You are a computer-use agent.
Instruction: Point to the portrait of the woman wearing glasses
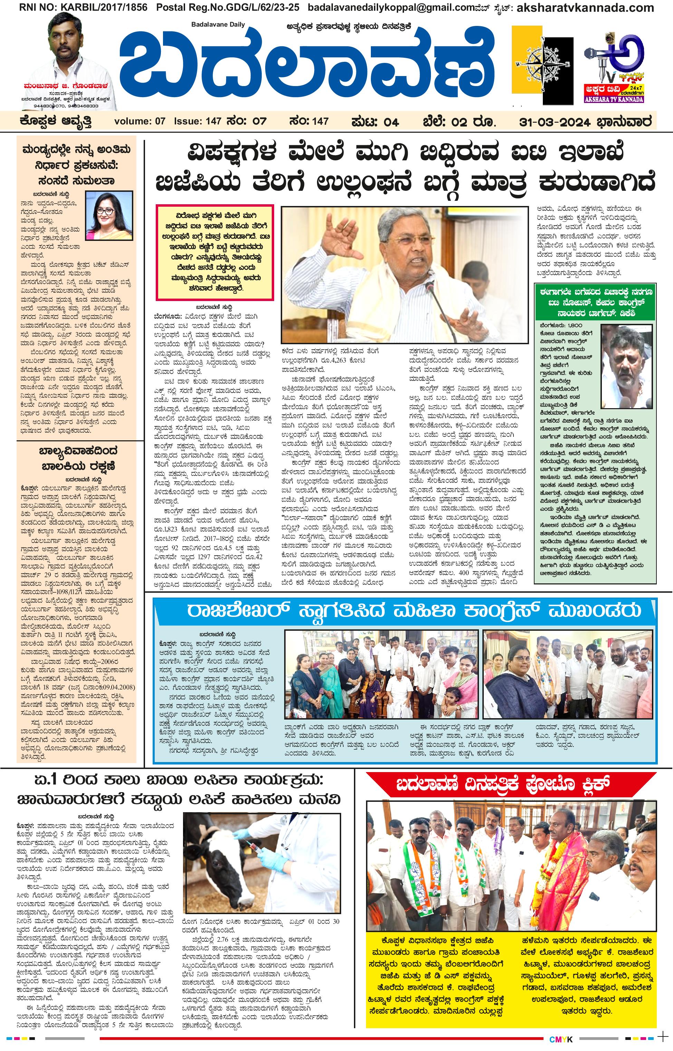click(x=109, y=215)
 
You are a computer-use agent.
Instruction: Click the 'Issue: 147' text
click(x=198, y=121)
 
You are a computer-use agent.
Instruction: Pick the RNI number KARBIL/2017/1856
click(x=76, y=8)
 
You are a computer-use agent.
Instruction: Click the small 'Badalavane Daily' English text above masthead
click(x=218, y=25)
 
